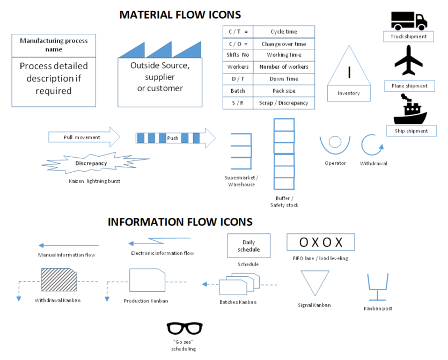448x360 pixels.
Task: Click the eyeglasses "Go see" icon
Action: [x=185, y=328]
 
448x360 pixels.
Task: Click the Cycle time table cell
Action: [x=283, y=32]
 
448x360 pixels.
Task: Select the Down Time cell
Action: [x=283, y=79]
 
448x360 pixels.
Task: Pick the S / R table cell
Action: [x=237, y=102]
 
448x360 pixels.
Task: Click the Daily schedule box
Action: [x=248, y=246]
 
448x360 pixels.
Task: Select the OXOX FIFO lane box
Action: [x=320, y=242]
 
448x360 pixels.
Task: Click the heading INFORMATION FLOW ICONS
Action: [x=180, y=222]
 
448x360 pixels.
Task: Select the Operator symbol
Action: [x=335, y=144]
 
